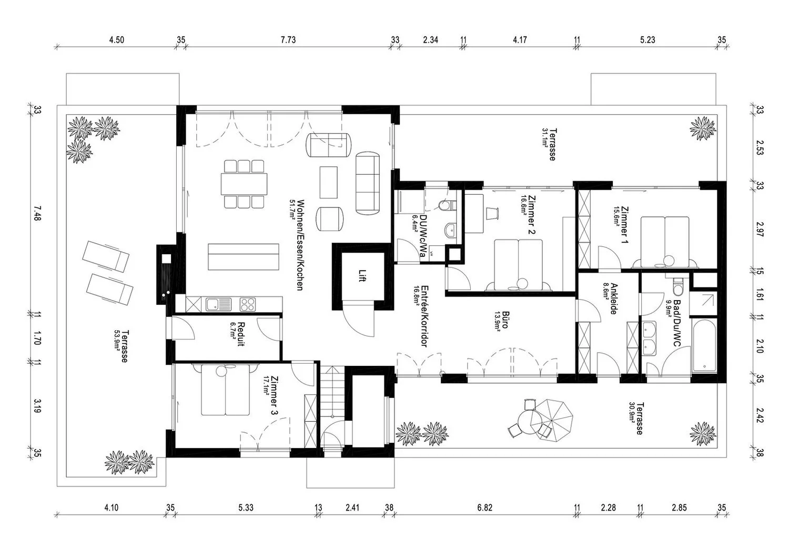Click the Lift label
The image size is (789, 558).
[362, 276]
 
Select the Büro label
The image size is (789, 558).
[506, 320]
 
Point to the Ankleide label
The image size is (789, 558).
[614, 298]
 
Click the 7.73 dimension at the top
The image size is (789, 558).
[288, 40]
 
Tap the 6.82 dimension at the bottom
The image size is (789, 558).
[484, 507]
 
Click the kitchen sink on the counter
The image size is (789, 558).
[218, 305]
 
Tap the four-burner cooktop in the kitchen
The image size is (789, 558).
[247, 305]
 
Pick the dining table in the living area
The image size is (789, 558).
[244, 184]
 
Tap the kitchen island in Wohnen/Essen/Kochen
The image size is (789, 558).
[244, 257]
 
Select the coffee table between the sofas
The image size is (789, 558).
[328, 182]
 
